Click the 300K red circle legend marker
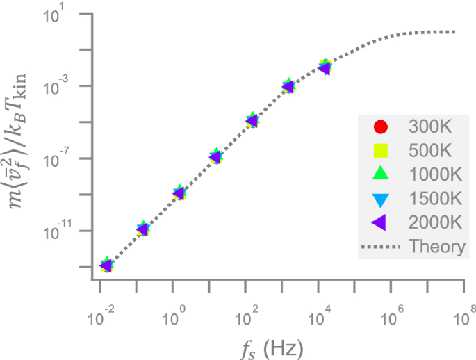[380, 127]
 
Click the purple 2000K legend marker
[379, 222]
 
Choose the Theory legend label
[437, 247]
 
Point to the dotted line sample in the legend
[380, 247]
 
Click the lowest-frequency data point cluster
[106, 265]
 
